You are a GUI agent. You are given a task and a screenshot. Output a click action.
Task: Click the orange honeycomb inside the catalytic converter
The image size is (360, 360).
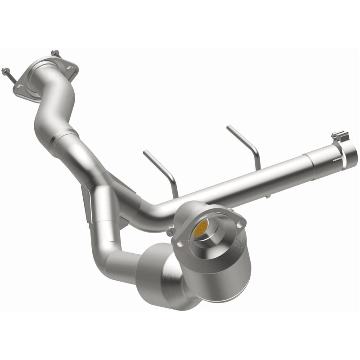(x=201, y=229)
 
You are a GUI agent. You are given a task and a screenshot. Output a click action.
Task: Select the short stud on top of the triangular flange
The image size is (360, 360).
(x=55, y=54)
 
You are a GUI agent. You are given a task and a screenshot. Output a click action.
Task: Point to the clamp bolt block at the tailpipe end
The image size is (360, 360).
(x=340, y=135)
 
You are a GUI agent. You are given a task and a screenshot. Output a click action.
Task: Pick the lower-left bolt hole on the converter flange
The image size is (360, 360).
(x=181, y=243)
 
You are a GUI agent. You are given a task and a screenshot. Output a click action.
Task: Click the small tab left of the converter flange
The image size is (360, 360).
(x=171, y=231)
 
